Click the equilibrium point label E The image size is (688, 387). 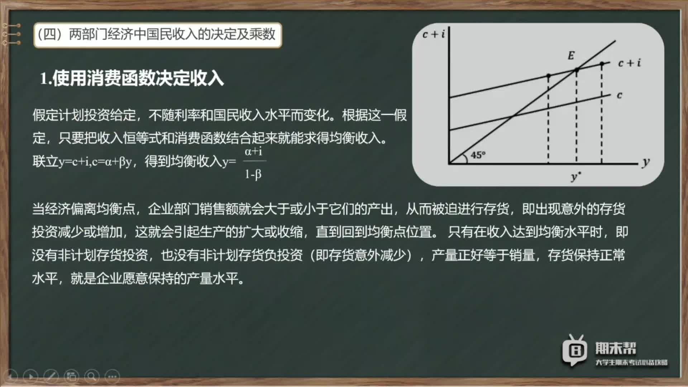(571, 56)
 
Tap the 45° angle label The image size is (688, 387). (478, 155)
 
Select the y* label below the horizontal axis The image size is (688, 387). (576, 176)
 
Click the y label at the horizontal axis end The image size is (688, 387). (646, 162)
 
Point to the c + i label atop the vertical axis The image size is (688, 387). (434, 34)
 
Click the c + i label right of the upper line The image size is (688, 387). (629, 63)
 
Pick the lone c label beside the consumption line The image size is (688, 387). (620, 95)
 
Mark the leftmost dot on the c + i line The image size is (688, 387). (548, 76)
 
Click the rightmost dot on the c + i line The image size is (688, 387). (602, 64)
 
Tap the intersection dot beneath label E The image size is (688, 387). (577, 70)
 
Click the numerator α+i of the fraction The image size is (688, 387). (253, 152)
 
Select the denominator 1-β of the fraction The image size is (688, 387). (253, 174)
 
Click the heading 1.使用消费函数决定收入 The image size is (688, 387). (132, 78)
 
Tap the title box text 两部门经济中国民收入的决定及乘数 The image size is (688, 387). (172, 34)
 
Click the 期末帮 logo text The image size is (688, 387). (616, 348)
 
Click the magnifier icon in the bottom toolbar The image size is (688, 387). (92, 376)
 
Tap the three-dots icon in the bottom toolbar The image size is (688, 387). (112, 376)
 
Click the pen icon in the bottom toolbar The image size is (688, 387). (51, 376)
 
